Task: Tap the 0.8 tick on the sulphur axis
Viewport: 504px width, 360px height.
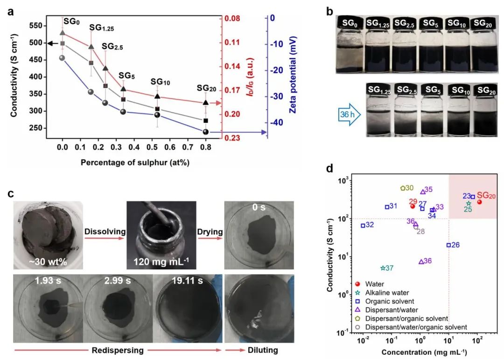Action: [x=206, y=147]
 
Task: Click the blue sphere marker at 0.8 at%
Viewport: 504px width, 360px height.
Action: [x=206, y=132]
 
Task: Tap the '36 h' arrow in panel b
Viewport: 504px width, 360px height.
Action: [x=349, y=113]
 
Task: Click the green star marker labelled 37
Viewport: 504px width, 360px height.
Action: [x=383, y=268]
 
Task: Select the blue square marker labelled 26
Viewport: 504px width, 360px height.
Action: [x=449, y=245]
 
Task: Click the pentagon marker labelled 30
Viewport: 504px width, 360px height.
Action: [x=403, y=188]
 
